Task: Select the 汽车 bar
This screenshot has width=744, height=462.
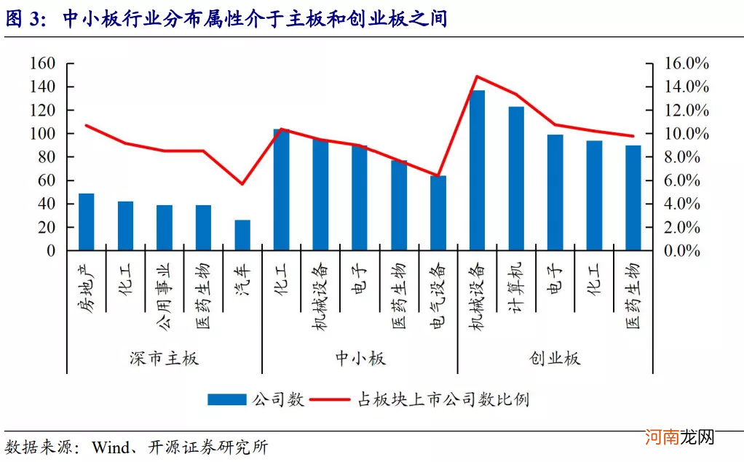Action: point(242,235)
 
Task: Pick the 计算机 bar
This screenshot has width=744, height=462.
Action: point(516,178)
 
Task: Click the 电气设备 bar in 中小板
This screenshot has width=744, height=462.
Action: point(438,213)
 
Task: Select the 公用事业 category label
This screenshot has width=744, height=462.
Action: point(164,289)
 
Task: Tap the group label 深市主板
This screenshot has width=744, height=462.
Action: point(164,359)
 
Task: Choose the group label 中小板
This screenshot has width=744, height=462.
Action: point(360,359)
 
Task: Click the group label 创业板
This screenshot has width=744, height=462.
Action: point(555,359)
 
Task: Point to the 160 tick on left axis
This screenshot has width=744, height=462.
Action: point(42,63)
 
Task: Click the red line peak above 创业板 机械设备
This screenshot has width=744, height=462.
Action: point(477,76)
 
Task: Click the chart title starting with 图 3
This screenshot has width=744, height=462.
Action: point(226,19)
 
